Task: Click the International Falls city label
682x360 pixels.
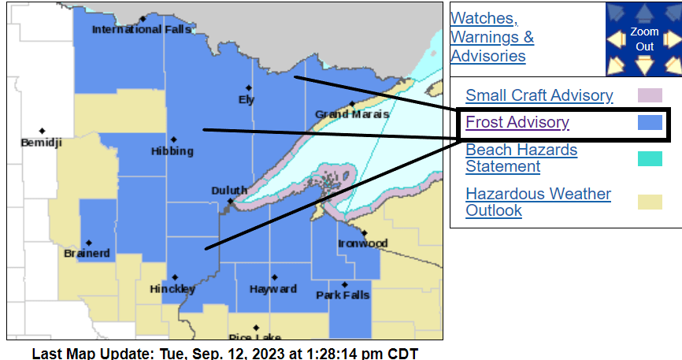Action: click(130, 30)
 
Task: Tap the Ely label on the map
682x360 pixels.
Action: click(246, 99)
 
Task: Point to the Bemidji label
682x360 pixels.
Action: click(42, 143)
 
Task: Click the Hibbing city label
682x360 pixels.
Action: click(172, 150)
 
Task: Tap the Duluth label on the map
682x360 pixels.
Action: click(229, 191)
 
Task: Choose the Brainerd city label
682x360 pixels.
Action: click(87, 254)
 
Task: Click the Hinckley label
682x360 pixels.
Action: click(172, 289)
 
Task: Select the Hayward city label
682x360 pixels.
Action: click(273, 289)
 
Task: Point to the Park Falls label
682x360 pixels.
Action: click(343, 295)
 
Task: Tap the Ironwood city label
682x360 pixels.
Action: click(363, 243)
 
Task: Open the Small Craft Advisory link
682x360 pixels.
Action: click(539, 95)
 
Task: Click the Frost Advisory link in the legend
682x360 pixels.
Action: click(517, 122)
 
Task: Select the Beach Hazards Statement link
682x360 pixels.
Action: click(521, 158)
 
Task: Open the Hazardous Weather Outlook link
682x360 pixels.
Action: click(538, 202)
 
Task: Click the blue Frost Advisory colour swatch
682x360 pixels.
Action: click(649, 123)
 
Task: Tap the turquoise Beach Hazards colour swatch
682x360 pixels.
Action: click(649, 158)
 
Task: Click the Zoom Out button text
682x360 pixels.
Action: click(644, 39)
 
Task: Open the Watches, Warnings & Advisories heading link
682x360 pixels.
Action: click(491, 37)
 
